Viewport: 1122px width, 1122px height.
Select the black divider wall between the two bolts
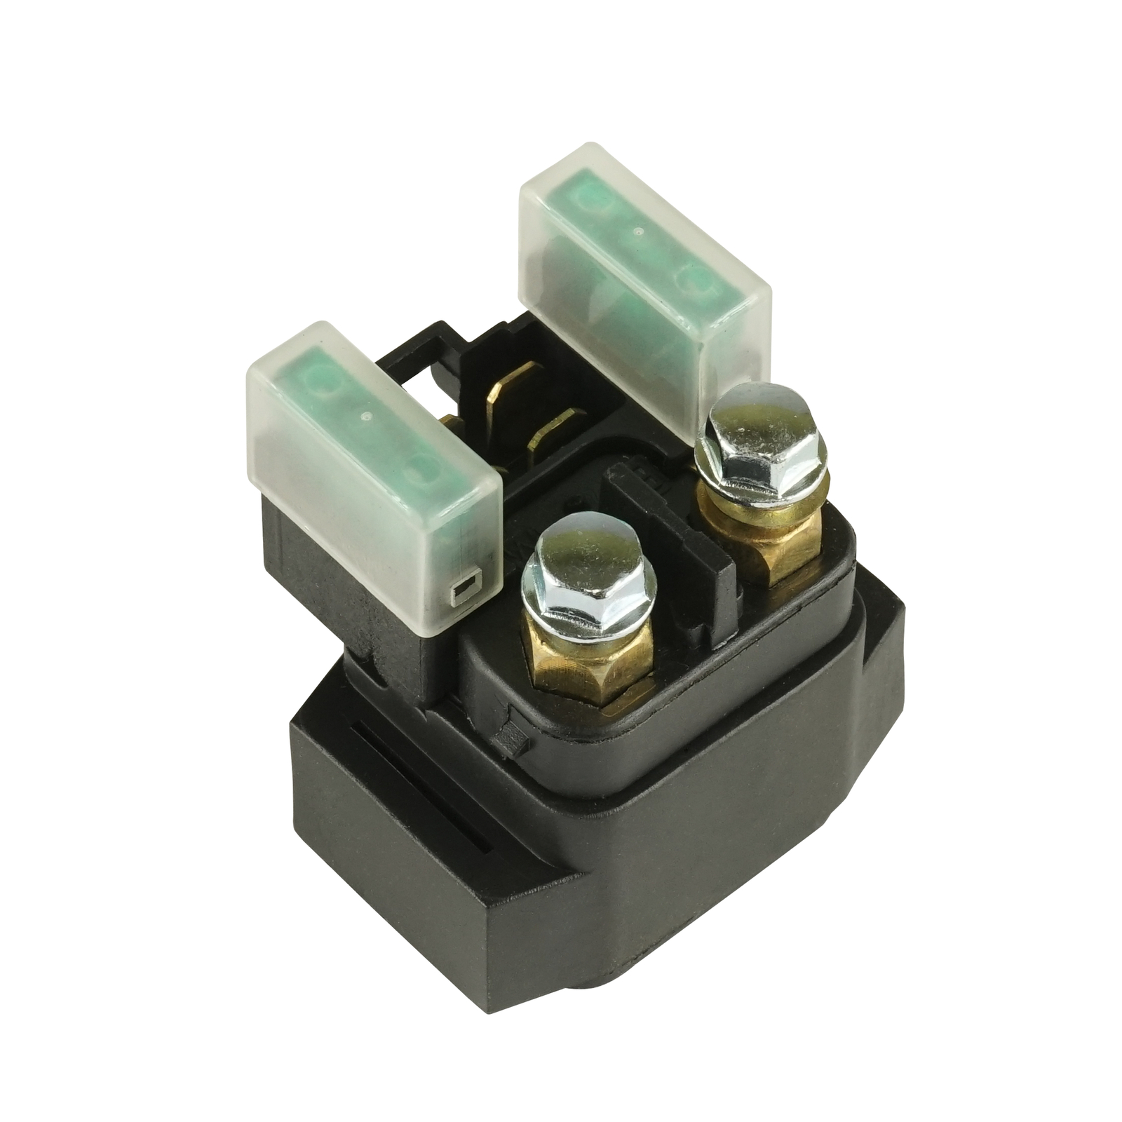pyautogui.click(x=701, y=561)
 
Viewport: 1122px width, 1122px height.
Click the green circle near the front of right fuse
pyautogui.click(x=691, y=280)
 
